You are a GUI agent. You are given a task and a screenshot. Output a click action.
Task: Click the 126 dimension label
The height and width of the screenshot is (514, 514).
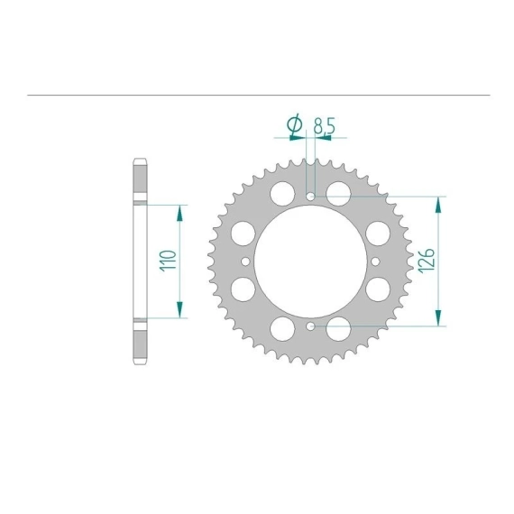427,261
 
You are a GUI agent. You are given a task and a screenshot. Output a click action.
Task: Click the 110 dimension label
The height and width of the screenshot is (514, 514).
168,261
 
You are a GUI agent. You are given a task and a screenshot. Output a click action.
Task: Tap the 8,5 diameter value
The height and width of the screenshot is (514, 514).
325,125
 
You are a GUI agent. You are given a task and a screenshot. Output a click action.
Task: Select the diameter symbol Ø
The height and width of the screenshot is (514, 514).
294,124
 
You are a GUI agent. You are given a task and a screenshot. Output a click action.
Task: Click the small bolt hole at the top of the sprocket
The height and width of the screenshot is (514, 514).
310,197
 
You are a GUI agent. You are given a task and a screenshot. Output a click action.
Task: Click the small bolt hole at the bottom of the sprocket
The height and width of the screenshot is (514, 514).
310,326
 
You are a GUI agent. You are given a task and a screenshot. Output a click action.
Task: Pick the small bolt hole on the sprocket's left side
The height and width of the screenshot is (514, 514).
245,262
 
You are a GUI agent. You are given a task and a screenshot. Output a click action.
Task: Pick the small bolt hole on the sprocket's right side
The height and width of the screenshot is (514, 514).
376,262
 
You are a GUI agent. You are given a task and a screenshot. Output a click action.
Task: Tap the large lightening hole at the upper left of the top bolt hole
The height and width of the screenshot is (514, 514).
282,194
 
